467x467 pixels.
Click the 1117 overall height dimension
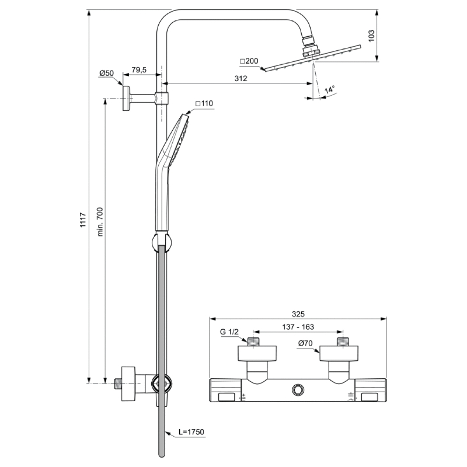[x=83, y=220]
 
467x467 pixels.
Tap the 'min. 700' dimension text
[x=100, y=222]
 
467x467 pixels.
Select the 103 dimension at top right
[x=371, y=36]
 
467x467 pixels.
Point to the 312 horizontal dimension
[x=241, y=78]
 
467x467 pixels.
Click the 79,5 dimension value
[x=139, y=70]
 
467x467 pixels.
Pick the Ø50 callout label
[x=107, y=73]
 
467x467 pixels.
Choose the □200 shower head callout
[x=249, y=61]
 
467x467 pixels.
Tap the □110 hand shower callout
[x=204, y=103]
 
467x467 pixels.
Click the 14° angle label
[x=330, y=89]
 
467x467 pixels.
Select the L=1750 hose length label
[x=191, y=432]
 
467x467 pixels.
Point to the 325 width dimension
[x=298, y=314]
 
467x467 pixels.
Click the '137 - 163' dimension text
[x=298, y=327]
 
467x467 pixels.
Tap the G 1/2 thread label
[x=229, y=332]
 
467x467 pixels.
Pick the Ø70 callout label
[x=305, y=343]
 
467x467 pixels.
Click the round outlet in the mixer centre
[x=298, y=390]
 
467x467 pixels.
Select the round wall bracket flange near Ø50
[x=126, y=98]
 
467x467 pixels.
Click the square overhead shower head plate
[x=312, y=59]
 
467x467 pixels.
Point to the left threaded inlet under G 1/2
[x=253, y=341]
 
